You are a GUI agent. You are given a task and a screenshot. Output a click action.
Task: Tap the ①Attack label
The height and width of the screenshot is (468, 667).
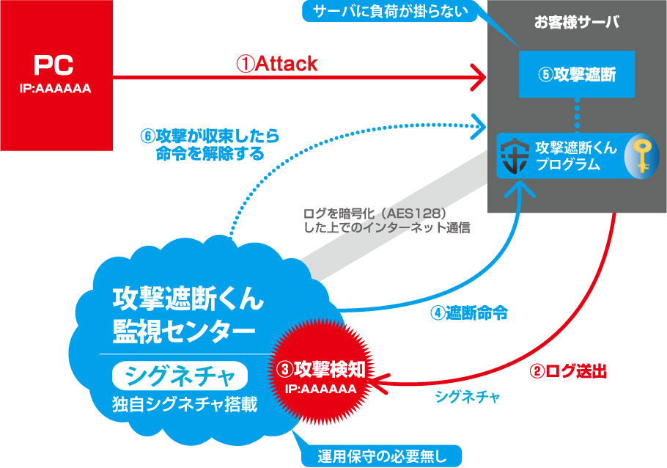pyautogui.click(x=276, y=65)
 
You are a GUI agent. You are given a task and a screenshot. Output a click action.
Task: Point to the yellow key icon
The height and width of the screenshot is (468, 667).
pyautogui.click(x=641, y=155)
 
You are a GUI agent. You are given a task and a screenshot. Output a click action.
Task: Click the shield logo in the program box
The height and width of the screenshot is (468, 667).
pyautogui.click(x=516, y=155)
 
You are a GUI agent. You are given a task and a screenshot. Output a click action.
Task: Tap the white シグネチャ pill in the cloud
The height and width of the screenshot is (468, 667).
pyautogui.click(x=180, y=378)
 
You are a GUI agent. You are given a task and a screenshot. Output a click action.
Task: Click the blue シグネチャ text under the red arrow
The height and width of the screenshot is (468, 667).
pyautogui.click(x=467, y=397)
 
